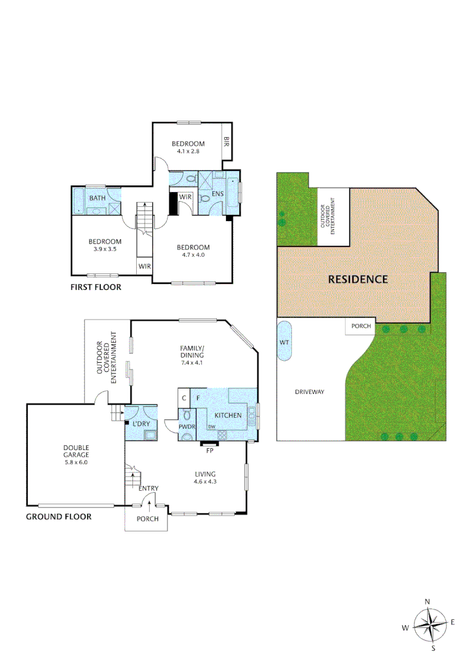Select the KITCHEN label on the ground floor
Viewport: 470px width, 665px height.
tap(228, 416)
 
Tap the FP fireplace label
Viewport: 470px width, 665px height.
tap(209, 450)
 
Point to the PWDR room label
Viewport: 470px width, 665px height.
tap(187, 426)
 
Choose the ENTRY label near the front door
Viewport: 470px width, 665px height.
tap(148, 488)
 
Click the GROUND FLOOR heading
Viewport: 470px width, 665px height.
tap(59, 517)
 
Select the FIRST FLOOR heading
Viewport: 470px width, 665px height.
tap(95, 287)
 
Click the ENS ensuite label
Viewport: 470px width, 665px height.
tap(217, 195)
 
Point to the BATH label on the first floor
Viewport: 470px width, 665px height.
tap(97, 198)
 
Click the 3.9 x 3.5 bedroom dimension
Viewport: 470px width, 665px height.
tap(104, 249)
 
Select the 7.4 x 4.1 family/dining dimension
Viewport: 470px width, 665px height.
tap(192, 363)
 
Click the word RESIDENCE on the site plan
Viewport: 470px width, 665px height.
tap(357, 279)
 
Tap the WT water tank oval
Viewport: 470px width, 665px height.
tap(285, 342)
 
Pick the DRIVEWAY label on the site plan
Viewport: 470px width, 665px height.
tap(309, 392)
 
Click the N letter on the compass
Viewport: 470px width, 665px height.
tap(427, 602)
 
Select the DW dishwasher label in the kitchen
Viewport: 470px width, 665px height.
tap(211, 427)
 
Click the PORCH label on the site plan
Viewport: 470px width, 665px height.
tap(360, 326)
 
